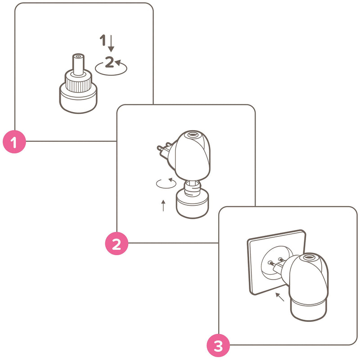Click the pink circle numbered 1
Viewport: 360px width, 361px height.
coord(14,142)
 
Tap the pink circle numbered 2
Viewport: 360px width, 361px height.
coord(117,244)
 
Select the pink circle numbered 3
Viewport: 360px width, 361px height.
coord(218,345)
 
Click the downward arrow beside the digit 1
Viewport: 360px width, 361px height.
coord(111,43)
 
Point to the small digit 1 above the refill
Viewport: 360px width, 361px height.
coord(103,40)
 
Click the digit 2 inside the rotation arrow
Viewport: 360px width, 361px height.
coord(109,62)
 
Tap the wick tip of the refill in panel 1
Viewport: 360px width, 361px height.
coord(78,56)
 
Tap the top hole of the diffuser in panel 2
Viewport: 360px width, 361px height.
coord(193,135)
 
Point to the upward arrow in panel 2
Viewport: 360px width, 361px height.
coord(163,206)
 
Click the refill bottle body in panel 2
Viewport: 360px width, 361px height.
coord(192,204)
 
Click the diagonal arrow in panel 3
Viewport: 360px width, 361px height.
coord(280,297)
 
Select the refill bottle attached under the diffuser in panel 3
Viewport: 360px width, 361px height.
coord(308,308)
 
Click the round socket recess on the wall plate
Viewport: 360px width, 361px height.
coord(274,262)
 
